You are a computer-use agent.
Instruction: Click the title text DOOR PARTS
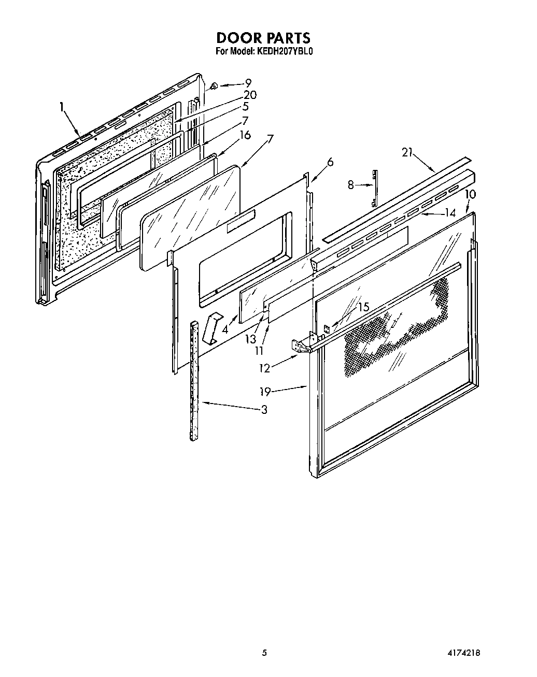click(263, 38)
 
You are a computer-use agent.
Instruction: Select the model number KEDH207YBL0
click(284, 51)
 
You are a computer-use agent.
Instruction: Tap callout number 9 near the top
click(248, 82)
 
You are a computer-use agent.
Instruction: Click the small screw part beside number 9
click(214, 85)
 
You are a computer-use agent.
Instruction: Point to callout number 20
click(250, 95)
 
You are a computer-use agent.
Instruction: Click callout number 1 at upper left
click(62, 107)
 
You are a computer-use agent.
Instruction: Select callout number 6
click(330, 162)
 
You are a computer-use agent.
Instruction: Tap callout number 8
click(351, 184)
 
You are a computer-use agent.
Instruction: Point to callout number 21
click(408, 152)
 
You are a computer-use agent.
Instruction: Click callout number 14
click(449, 212)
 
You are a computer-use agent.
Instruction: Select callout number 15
click(364, 307)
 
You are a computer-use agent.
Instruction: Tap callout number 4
click(225, 329)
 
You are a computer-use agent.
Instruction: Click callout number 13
click(251, 339)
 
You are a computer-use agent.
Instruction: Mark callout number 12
click(265, 368)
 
